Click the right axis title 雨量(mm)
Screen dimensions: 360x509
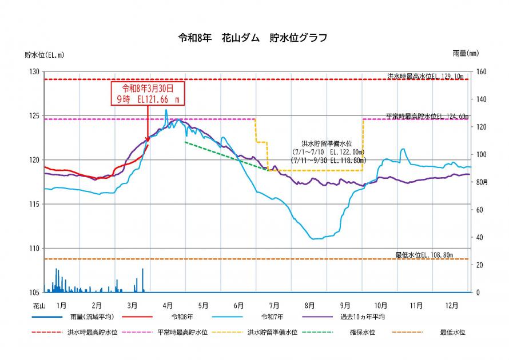tap(465, 53)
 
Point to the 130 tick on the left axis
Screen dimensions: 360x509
tap(35, 71)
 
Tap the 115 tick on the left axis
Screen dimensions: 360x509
tap(35, 204)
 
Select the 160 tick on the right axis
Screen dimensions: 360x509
tap(482, 71)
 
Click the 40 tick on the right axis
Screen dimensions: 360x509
tap(480, 237)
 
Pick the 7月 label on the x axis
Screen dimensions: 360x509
tap(274, 305)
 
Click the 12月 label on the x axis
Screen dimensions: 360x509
tap(452, 305)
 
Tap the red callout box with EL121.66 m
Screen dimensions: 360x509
tap(148, 93)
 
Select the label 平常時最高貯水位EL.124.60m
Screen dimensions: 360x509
tap(427, 115)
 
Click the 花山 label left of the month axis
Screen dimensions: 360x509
tap(39, 305)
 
